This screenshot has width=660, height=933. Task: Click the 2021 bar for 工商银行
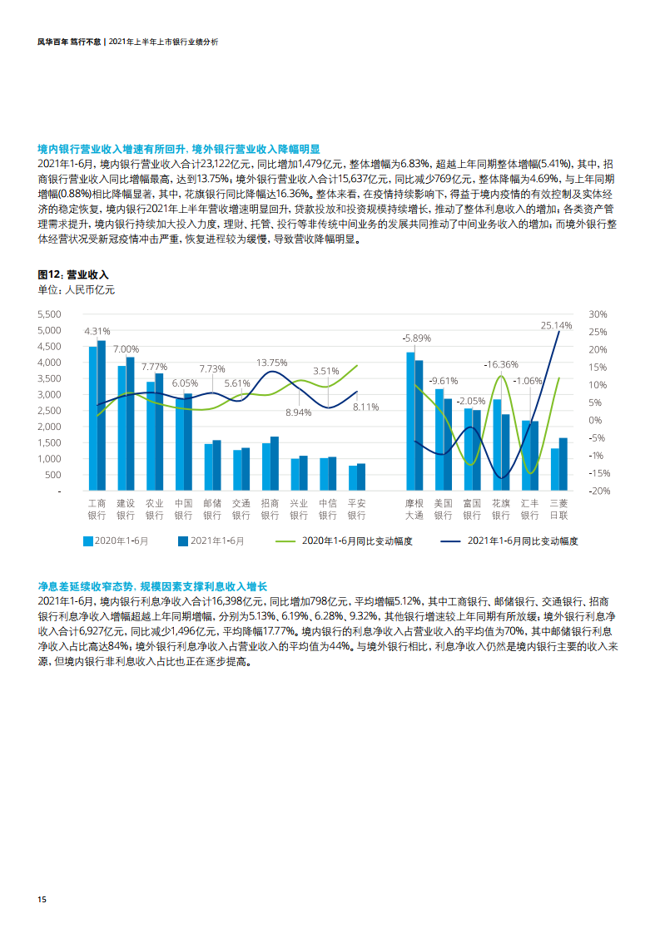click(x=102, y=416)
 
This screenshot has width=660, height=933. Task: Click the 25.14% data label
click(x=556, y=325)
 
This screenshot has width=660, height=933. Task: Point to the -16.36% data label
click(x=501, y=364)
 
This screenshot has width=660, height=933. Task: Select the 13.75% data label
click(x=271, y=363)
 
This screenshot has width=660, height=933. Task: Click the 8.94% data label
click(x=298, y=412)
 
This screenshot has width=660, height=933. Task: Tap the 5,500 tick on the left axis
click(x=50, y=314)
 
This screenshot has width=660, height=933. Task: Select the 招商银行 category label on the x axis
click(x=270, y=509)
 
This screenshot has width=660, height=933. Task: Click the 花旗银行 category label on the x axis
click(x=500, y=509)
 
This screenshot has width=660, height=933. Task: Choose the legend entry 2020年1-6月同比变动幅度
click(x=355, y=541)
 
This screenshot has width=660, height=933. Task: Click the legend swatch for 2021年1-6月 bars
click(x=183, y=541)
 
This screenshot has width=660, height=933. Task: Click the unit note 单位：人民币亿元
click(x=77, y=290)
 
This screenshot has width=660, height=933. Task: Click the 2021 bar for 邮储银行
click(x=217, y=465)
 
